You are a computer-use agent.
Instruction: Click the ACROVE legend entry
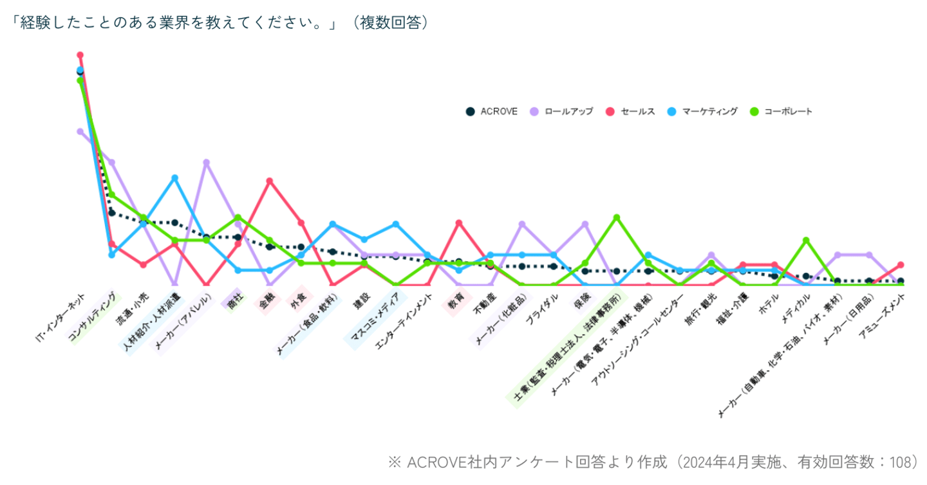point(492,111)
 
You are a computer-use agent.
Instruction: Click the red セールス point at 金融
point(270,181)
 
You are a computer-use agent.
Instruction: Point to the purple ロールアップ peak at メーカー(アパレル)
point(207,162)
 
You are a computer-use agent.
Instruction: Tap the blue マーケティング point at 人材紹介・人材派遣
point(174,178)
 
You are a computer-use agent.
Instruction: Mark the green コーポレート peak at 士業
point(617,217)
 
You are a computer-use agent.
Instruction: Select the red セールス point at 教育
point(459,223)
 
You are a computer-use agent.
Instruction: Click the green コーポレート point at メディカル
point(806,241)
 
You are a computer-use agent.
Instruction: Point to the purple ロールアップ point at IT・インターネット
point(80,131)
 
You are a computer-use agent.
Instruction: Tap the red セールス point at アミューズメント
point(901,264)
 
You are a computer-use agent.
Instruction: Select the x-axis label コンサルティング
point(94,318)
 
